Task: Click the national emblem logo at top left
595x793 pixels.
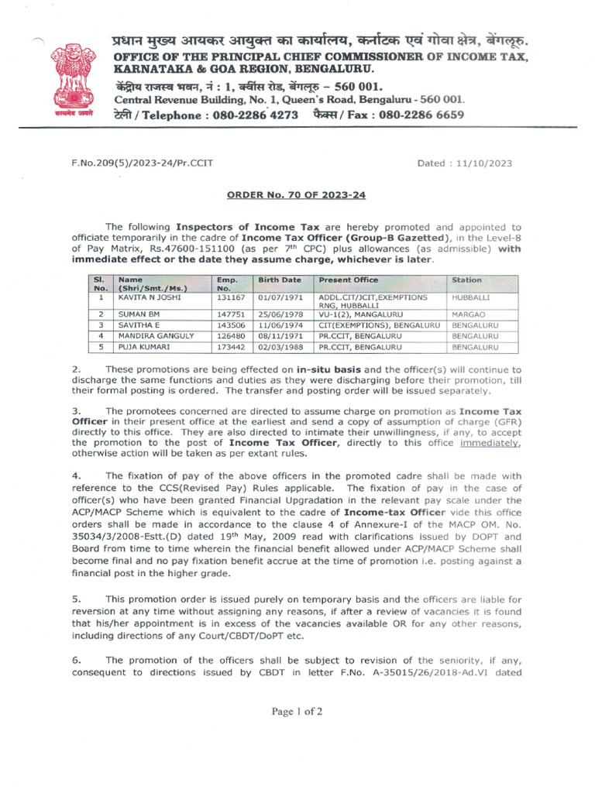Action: point(76,80)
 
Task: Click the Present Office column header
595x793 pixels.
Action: point(347,280)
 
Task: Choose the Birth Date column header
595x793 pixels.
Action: point(280,280)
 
